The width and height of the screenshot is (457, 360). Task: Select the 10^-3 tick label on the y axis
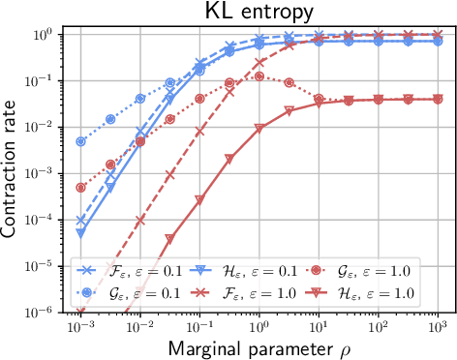pos(46,173)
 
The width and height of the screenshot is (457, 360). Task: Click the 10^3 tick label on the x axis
pos(437,326)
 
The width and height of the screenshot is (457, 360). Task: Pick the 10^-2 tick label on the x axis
pos(140,326)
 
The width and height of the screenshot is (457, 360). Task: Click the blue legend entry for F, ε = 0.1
pos(121,268)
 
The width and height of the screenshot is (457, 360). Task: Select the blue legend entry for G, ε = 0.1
pos(121,291)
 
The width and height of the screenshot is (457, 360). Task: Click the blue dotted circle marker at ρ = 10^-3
pos(81,141)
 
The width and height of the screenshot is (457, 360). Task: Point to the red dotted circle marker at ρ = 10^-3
pos(81,188)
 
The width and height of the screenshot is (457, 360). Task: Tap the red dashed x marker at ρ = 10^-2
pos(140,220)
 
